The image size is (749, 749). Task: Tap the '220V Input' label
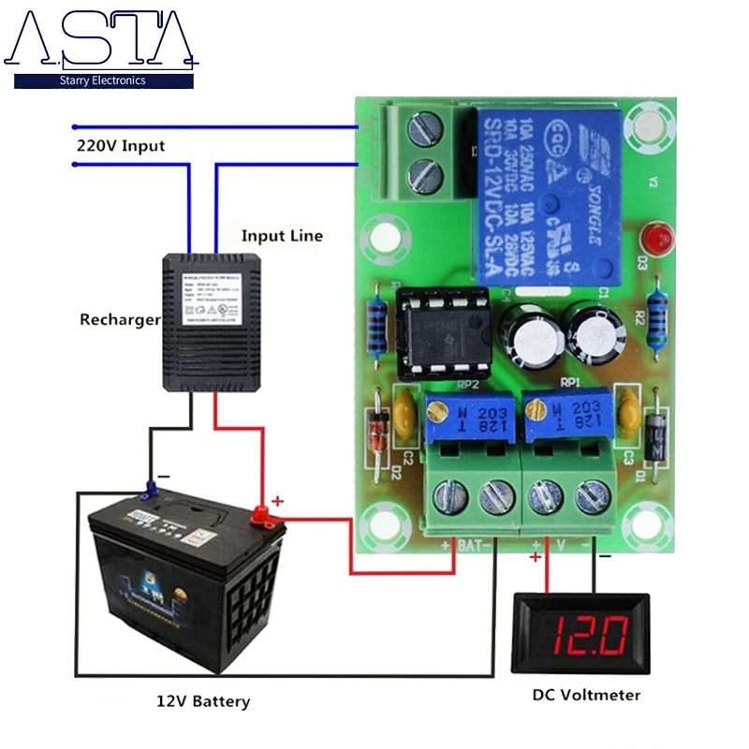121,146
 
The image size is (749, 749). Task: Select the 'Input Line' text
282,235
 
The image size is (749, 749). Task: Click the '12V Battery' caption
203,700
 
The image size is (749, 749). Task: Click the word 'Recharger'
120,320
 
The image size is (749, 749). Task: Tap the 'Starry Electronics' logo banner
103,81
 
